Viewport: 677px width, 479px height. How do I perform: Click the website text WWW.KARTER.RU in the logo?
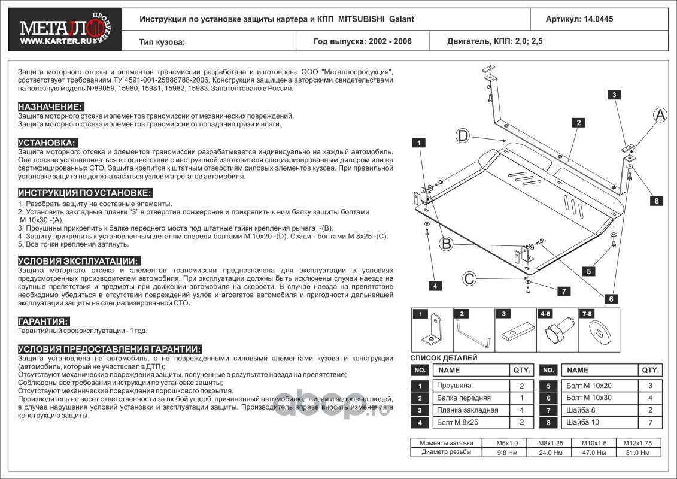(50, 42)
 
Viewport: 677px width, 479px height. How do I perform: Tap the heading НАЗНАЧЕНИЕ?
(50, 107)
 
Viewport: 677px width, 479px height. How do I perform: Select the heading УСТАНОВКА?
(48, 143)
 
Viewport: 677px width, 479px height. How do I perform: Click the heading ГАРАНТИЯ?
(43, 322)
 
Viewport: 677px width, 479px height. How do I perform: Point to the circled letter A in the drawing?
(660, 116)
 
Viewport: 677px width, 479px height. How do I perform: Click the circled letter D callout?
(463, 136)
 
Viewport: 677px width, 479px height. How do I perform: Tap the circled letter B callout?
(445, 244)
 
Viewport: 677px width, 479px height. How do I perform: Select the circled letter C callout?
(470, 278)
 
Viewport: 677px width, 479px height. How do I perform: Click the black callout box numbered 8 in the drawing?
(657, 201)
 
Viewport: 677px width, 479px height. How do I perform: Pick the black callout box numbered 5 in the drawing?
(589, 271)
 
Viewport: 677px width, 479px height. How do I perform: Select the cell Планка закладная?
(467, 410)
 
